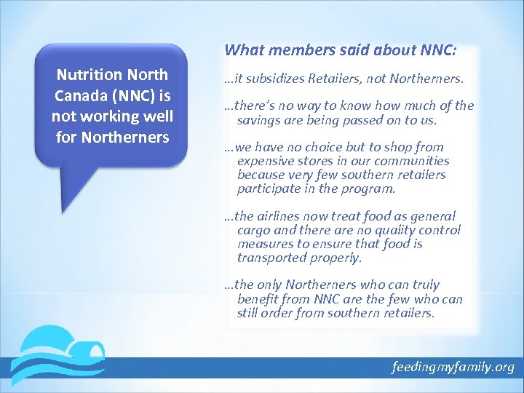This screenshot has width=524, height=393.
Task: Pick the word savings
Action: coord(258,119)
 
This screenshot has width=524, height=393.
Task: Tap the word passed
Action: coord(354,119)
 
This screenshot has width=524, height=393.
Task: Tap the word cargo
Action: coord(253,230)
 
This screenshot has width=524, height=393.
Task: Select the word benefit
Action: coord(258,299)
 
